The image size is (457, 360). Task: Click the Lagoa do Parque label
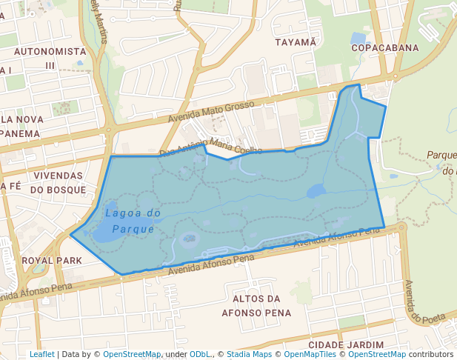pyautogui.click(x=133, y=221)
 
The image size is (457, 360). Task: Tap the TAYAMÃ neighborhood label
pyautogui.click(x=296, y=42)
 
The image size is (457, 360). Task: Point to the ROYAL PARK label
pyautogui.click(x=52, y=261)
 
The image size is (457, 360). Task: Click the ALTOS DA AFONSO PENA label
pyautogui.click(x=256, y=305)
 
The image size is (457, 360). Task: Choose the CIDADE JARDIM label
pyautogui.click(x=346, y=345)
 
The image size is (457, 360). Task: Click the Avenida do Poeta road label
pyautogui.click(x=424, y=301)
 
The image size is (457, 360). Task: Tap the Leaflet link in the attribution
pyautogui.click(x=41, y=355)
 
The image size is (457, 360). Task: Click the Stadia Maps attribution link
pyautogui.click(x=249, y=355)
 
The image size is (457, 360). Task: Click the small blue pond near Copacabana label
pyautogui.click(x=358, y=37)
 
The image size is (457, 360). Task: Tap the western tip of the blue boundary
pyautogui.click(x=71, y=235)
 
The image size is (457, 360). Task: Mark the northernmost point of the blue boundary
pyautogui.click(x=358, y=84)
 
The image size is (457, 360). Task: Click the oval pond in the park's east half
pyautogui.click(x=316, y=191)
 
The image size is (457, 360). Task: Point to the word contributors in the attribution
pyautogui.click(x=431, y=355)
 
